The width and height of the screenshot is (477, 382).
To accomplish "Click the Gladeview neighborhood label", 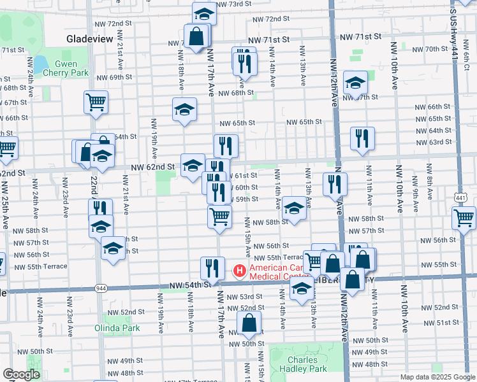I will point(89,39).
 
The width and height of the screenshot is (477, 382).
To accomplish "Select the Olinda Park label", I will point(121,328).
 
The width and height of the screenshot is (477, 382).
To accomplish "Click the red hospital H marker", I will point(240,271).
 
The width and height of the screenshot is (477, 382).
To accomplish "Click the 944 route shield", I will point(101,288).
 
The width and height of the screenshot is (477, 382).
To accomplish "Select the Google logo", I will point(21,374).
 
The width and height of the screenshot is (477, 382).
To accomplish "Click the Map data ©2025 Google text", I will point(437,377).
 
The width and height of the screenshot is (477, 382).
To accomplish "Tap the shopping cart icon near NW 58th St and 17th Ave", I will point(220,216).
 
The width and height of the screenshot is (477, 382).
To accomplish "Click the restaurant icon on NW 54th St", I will point(212,267).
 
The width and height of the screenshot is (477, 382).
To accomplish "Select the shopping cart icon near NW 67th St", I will point(96,102).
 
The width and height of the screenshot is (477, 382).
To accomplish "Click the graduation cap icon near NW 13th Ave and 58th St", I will point(294,208).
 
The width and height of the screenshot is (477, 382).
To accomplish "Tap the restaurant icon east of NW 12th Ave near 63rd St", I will point(362,138).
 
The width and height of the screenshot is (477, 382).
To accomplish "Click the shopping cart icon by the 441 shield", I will point(464,218).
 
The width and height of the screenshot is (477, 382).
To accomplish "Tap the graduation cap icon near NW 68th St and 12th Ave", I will point(355,83).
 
